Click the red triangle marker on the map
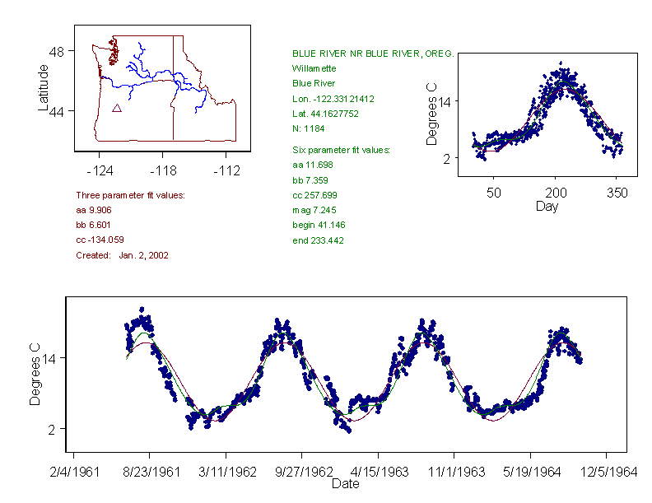117,108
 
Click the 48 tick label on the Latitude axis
56,50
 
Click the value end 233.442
318,240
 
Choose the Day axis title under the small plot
547,206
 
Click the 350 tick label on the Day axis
617,193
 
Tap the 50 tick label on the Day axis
493,193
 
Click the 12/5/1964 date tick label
607,472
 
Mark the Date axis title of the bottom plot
345,484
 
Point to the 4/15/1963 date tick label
378,472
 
